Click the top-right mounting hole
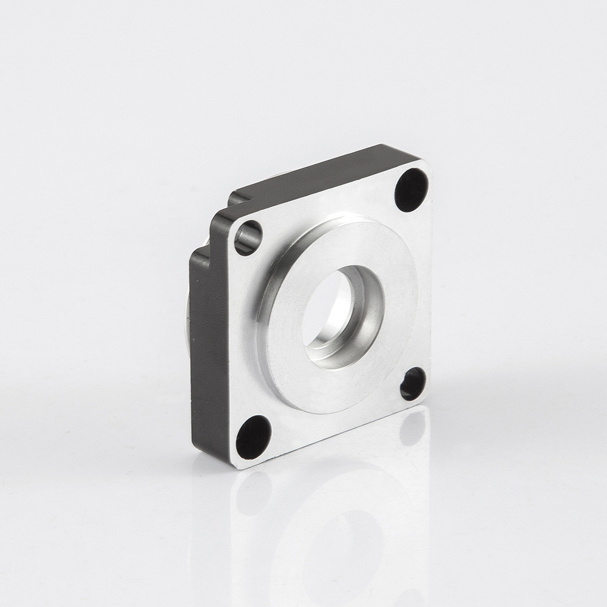click(x=412, y=189)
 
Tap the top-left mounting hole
click(x=248, y=237)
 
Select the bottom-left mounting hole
click(x=253, y=438)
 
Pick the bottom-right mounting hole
click(x=413, y=383)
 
